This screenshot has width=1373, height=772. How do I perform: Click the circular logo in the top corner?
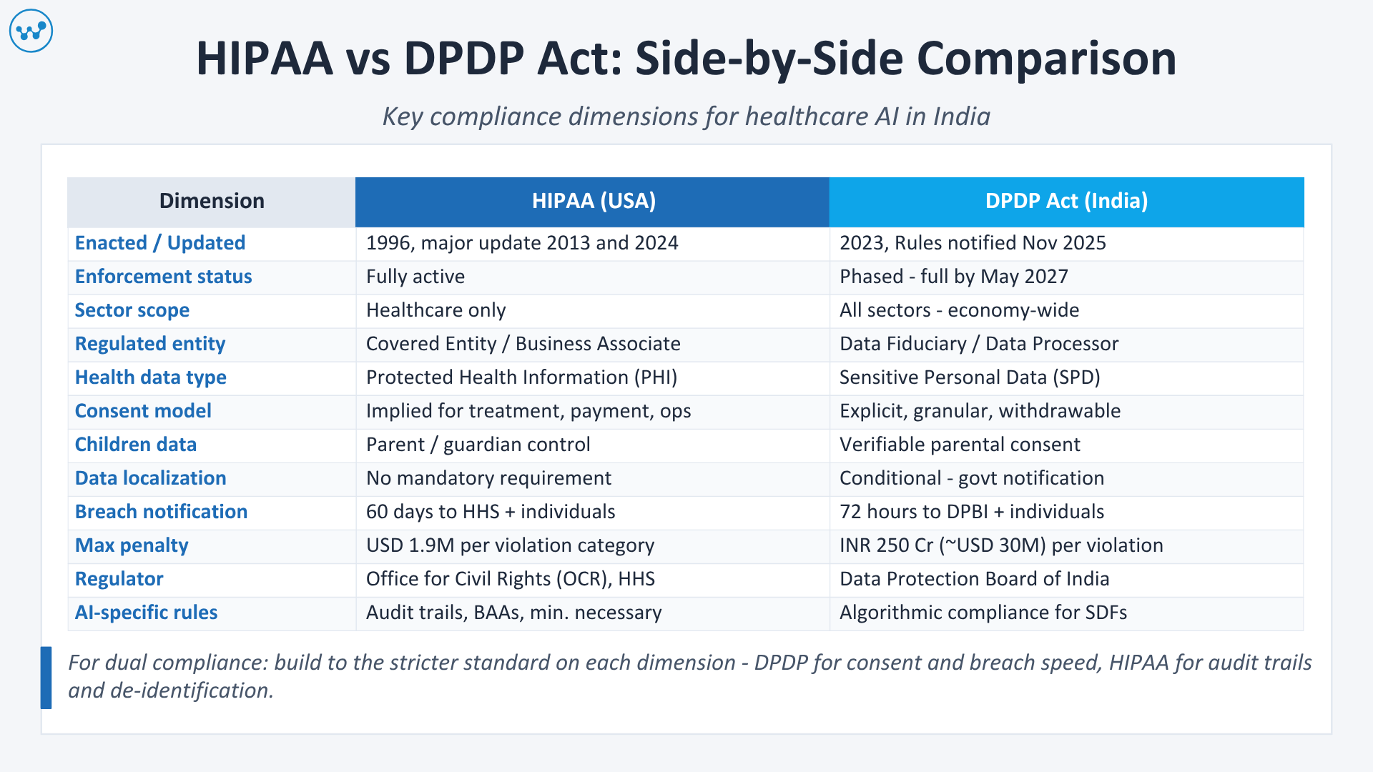(x=31, y=31)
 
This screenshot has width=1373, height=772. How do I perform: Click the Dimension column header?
(x=212, y=201)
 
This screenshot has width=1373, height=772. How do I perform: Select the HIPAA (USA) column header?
(x=593, y=201)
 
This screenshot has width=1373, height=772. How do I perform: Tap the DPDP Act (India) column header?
(x=1066, y=201)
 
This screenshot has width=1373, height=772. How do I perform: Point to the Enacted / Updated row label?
(x=160, y=243)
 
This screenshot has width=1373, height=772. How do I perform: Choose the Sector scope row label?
(x=132, y=310)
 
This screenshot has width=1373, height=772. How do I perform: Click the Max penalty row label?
(x=132, y=545)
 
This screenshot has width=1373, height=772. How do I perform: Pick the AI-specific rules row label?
(x=146, y=613)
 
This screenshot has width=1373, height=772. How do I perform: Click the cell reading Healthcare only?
(x=436, y=310)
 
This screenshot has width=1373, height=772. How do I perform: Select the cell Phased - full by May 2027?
(x=953, y=277)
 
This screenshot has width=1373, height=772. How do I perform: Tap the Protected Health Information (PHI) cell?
(x=521, y=377)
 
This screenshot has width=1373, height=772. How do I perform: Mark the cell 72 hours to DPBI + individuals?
(x=972, y=512)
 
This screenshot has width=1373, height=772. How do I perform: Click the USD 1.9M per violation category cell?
(x=510, y=545)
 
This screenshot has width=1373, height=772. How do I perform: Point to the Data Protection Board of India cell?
(x=974, y=579)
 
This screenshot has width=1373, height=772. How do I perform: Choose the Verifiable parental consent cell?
(x=960, y=445)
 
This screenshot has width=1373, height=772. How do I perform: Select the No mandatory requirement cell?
(x=488, y=478)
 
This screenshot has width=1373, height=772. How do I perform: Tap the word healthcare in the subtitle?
(x=806, y=117)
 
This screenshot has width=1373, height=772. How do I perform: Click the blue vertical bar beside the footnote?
(x=46, y=677)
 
